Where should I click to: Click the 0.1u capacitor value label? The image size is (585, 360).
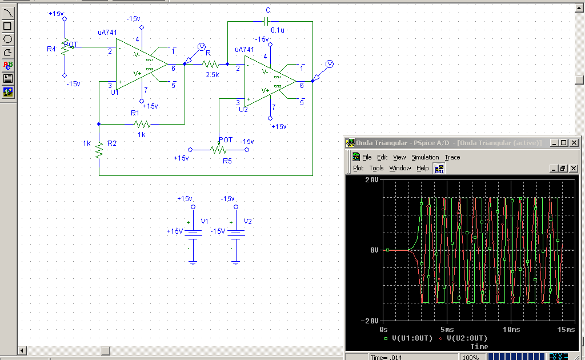(x=278, y=30)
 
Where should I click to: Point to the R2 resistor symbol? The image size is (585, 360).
(x=99, y=150)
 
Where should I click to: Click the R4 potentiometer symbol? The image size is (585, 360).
(x=65, y=48)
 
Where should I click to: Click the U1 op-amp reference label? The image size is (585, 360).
(x=114, y=91)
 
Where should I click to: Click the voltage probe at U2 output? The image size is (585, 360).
(x=329, y=63)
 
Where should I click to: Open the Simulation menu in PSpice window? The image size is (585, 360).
(x=425, y=157)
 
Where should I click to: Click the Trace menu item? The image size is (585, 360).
(x=452, y=157)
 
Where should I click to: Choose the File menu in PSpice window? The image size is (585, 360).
(x=366, y=157)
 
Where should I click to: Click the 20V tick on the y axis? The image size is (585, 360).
(x=372, y=179)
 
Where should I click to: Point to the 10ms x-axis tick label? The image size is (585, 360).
(x=511, y=330)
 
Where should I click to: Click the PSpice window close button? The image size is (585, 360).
(x=574, y=142)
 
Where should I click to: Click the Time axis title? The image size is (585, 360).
(x=479, y=346)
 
